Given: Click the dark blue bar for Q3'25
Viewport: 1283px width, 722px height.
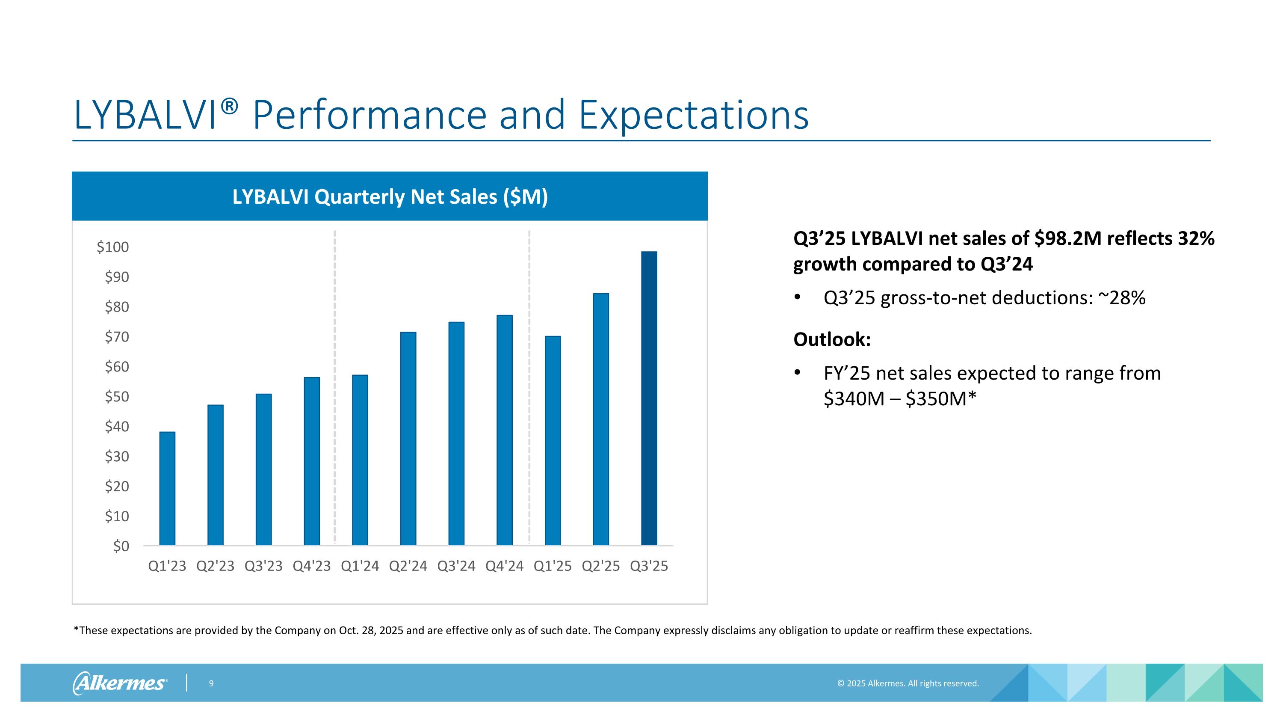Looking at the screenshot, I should click(648, 398).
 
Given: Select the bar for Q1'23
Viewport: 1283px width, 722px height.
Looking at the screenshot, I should click(167, 488).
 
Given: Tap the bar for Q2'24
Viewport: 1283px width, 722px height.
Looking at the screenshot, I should click(408, 439).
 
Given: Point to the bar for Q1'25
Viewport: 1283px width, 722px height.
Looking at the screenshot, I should click(553, 440).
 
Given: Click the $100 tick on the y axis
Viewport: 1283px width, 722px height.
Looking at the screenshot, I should click(113, 247).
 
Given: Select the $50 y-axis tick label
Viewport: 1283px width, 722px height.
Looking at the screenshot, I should click(117, 397).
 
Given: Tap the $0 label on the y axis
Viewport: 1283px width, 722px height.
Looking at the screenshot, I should click(121, 546).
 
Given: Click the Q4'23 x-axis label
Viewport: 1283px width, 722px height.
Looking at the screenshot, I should click(312, 566).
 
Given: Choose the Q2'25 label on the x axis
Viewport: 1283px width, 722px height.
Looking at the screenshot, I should click(601, 566).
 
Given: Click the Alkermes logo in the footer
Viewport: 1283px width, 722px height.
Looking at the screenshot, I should click(120, 683).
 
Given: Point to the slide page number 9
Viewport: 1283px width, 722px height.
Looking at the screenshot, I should click(211, 683).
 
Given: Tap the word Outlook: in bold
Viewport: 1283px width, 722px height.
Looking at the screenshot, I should click(832, 339).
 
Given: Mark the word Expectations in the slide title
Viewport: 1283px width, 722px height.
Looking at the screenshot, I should click(693, 116).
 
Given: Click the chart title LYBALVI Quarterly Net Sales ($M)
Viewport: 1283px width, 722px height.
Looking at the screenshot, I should click(390, 197).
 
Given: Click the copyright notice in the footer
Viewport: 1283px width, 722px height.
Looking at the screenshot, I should click(908, 683).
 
